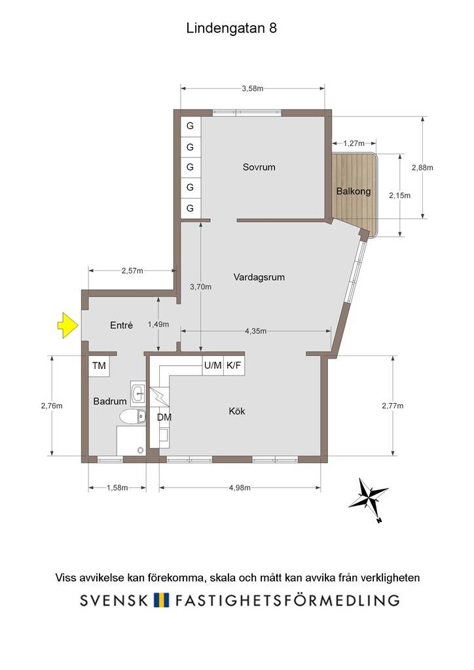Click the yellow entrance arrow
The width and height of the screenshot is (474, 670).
pos(67,325)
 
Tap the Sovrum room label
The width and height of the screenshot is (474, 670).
pos(259,167)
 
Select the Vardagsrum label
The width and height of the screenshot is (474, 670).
pos(259,277)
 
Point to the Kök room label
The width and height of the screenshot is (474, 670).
pos(237,411)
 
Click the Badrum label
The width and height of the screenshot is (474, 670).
pos(110,401)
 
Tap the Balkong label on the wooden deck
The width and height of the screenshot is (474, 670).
pos(354,192)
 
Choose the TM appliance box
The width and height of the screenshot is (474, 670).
pos(99,366)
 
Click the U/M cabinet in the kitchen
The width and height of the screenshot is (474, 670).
pos(213,366)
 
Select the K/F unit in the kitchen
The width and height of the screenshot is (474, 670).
pos(234,366)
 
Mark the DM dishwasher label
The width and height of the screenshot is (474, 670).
pos(164,417)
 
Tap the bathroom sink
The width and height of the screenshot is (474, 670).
pos(138,393)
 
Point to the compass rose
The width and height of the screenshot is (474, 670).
pos(368,499)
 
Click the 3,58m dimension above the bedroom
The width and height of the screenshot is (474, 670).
pos(253,88)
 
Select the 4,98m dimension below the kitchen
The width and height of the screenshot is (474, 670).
pos(240,487)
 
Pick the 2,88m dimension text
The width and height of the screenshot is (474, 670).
pos(422,167)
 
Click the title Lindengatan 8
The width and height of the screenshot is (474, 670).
pos(232,28)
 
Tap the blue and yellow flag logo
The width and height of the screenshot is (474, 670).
pos(162,600)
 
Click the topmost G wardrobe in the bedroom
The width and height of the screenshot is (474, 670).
pos(191,126)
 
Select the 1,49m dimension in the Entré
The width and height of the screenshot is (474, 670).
pos(158,325)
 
